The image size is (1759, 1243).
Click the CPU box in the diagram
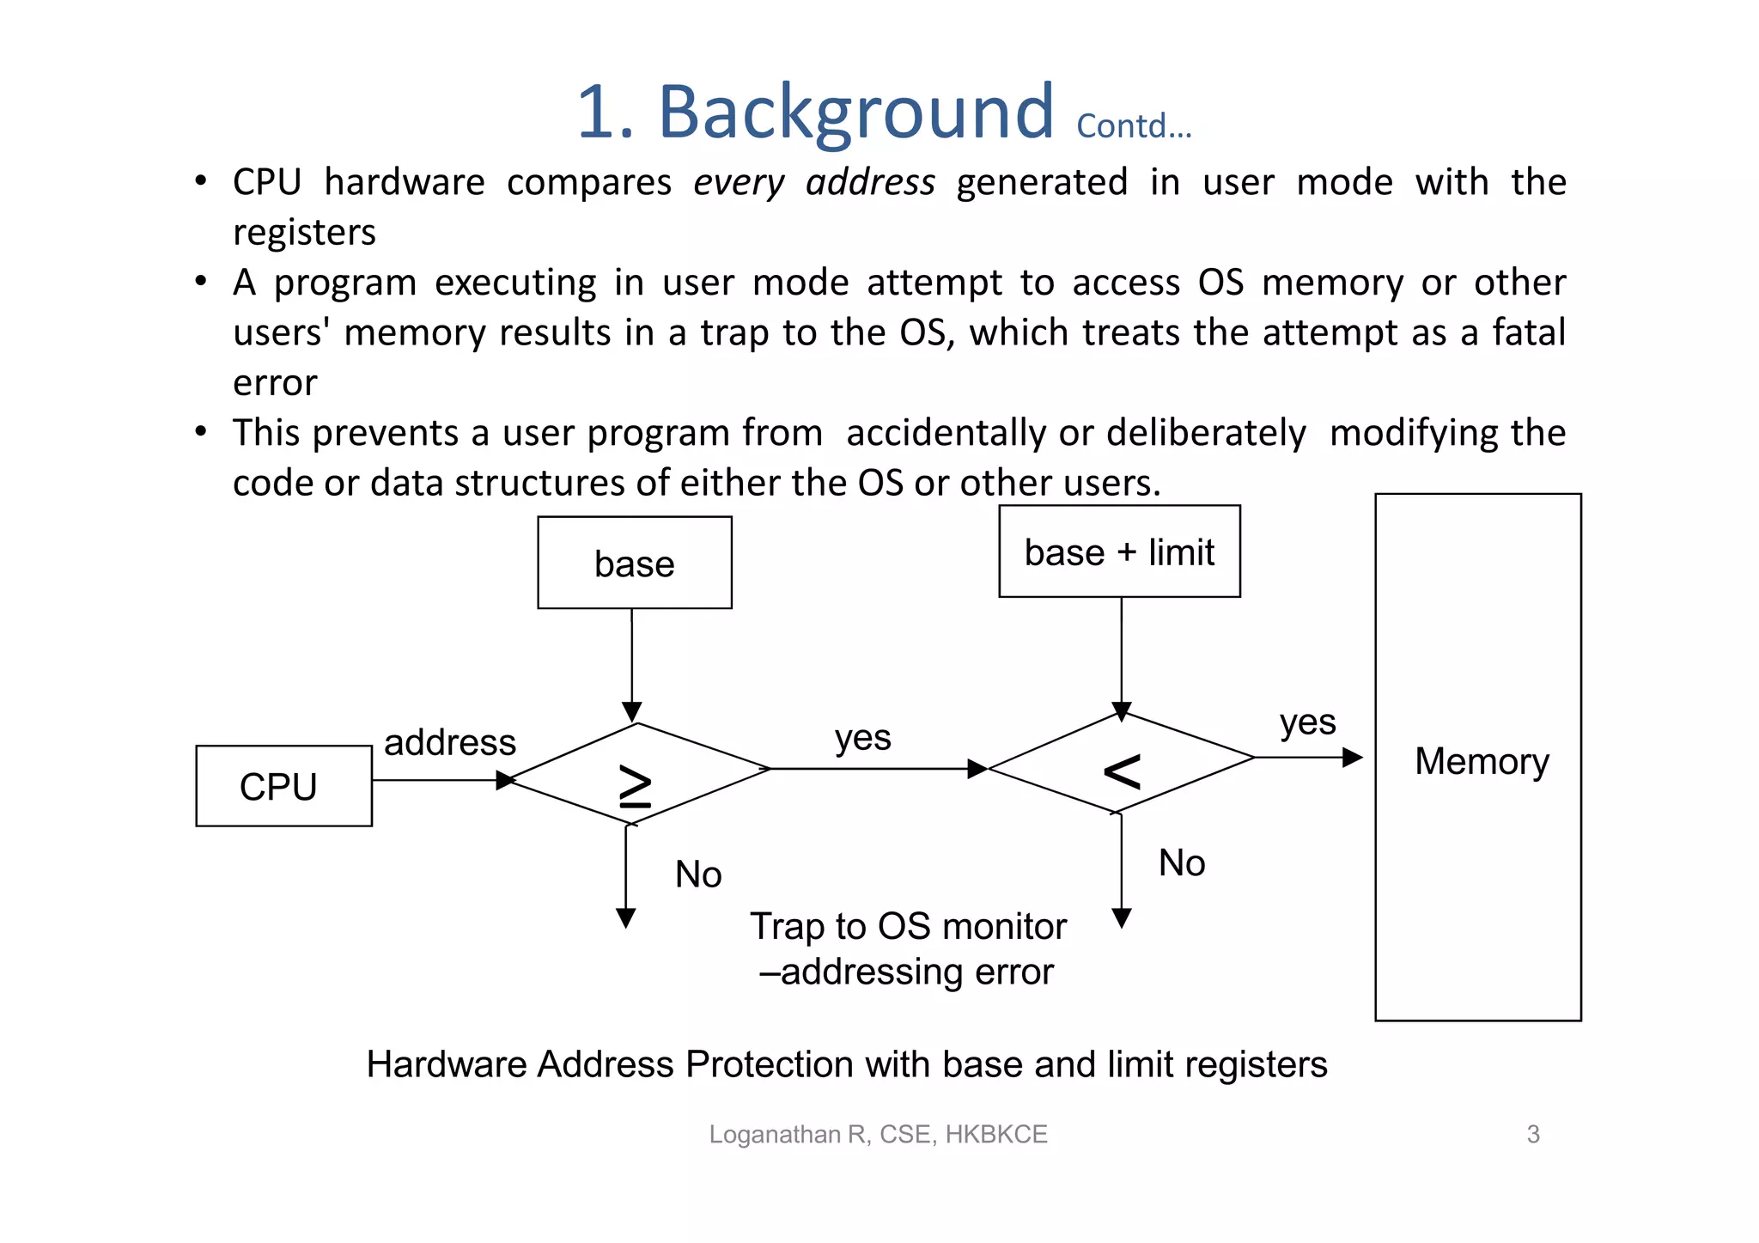click(283, 786)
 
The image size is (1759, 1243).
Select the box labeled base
click(635, 564)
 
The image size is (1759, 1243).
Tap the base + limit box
click(1119, 551)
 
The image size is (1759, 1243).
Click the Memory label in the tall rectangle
click(1482, 761)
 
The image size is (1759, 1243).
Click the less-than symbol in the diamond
click(1122, 771)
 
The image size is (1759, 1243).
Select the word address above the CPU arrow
click(449, 742)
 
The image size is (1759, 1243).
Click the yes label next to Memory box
click(1307, 722)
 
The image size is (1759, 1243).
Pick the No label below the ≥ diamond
click(698, 874)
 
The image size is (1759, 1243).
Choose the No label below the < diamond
click(1182, 862)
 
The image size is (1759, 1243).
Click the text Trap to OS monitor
click(908, 926)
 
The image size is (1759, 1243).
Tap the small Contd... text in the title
click(1134, 126)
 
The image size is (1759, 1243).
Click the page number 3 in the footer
click(1533, 1134)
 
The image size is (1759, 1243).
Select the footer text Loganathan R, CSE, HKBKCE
click(878, 1134)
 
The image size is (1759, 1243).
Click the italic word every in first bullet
click(739, 182)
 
